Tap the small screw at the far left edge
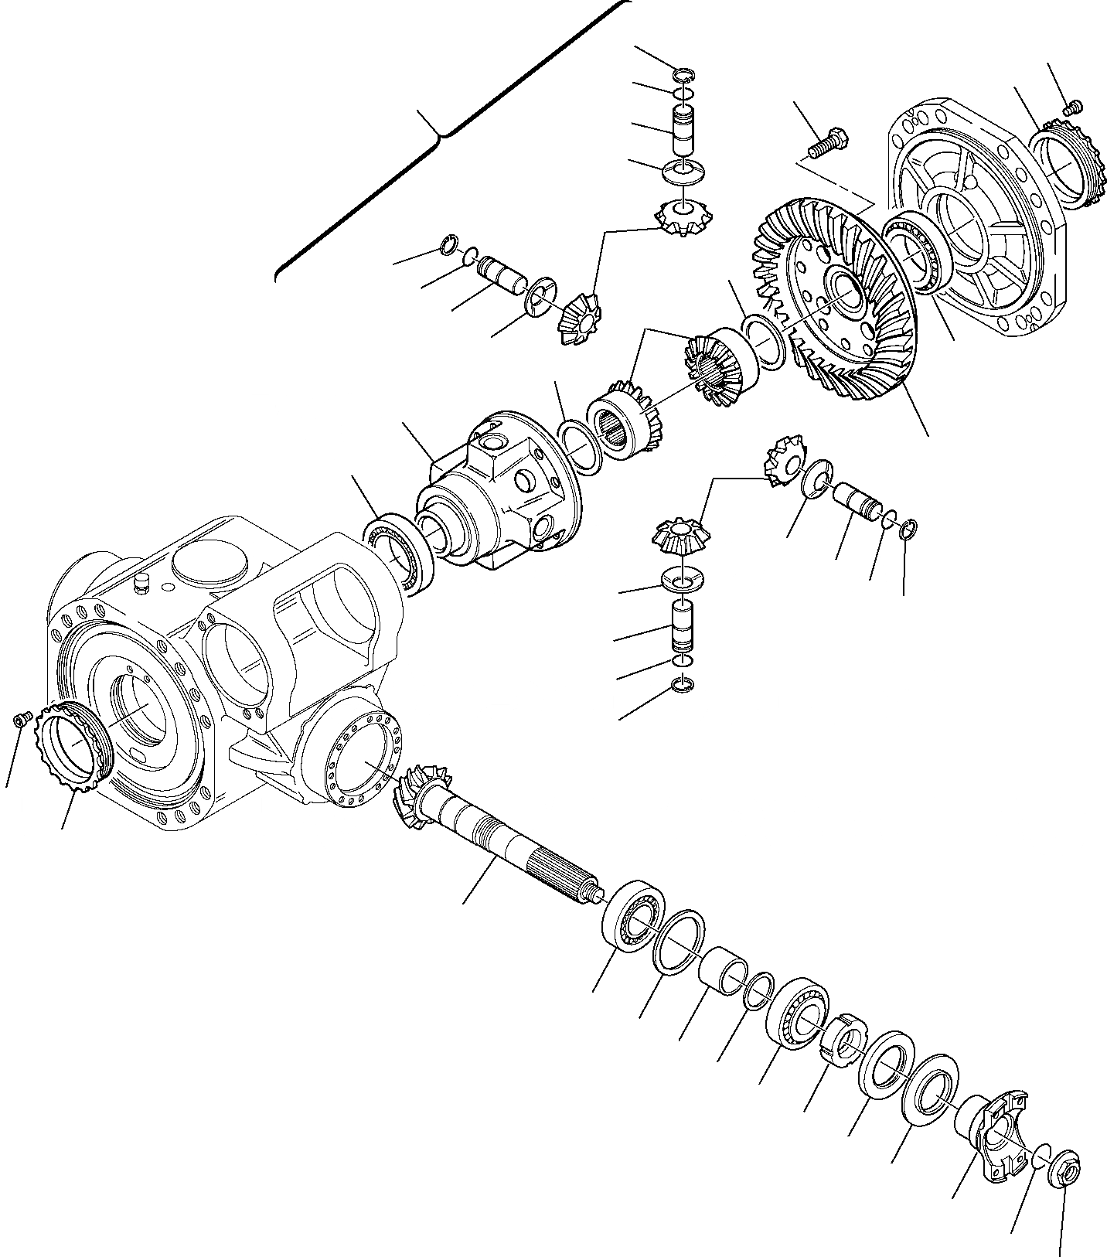(22, 720)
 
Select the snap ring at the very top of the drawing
(684, 75)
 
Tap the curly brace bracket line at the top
(441, 139)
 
